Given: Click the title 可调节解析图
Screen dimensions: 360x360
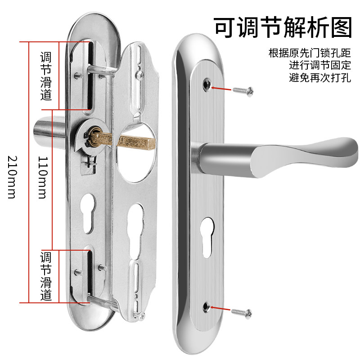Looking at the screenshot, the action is click(x=282, y=27).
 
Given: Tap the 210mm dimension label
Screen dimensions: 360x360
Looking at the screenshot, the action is click(x=12, y=177).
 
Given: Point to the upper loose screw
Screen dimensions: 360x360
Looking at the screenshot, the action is click(x=243, y=90).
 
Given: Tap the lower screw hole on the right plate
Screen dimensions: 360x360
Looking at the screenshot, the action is click(x=207, y=306).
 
